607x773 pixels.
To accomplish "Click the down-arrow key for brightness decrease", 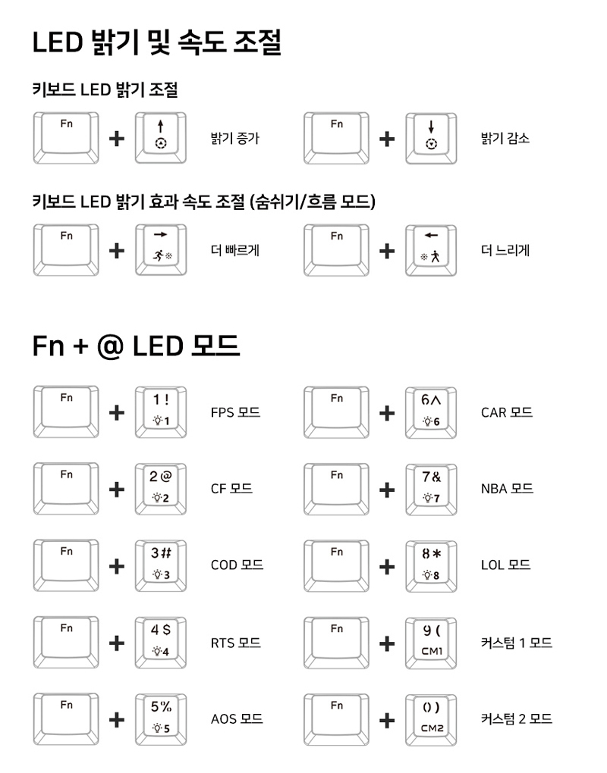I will tap(431, 137).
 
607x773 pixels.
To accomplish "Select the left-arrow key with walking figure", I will tap(431, 249).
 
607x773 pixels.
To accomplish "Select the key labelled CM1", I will tap(431, 643).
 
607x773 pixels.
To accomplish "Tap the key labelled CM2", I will tap(431, 718).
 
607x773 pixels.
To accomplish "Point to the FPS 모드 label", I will tap(235, 412).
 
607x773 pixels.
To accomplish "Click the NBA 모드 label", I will tap(507, 489).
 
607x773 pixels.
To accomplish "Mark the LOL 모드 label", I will tap(505, 565).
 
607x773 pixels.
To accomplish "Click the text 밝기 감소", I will tap(505, 139).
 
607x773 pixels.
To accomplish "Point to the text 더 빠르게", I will tap(235, 250).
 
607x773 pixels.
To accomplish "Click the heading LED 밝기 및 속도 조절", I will tap(157, 43).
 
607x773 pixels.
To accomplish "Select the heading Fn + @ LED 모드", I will tap(137, 346).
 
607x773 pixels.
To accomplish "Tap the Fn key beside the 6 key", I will tap(337, 412).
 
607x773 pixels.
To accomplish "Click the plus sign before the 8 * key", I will tap(387, 566).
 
